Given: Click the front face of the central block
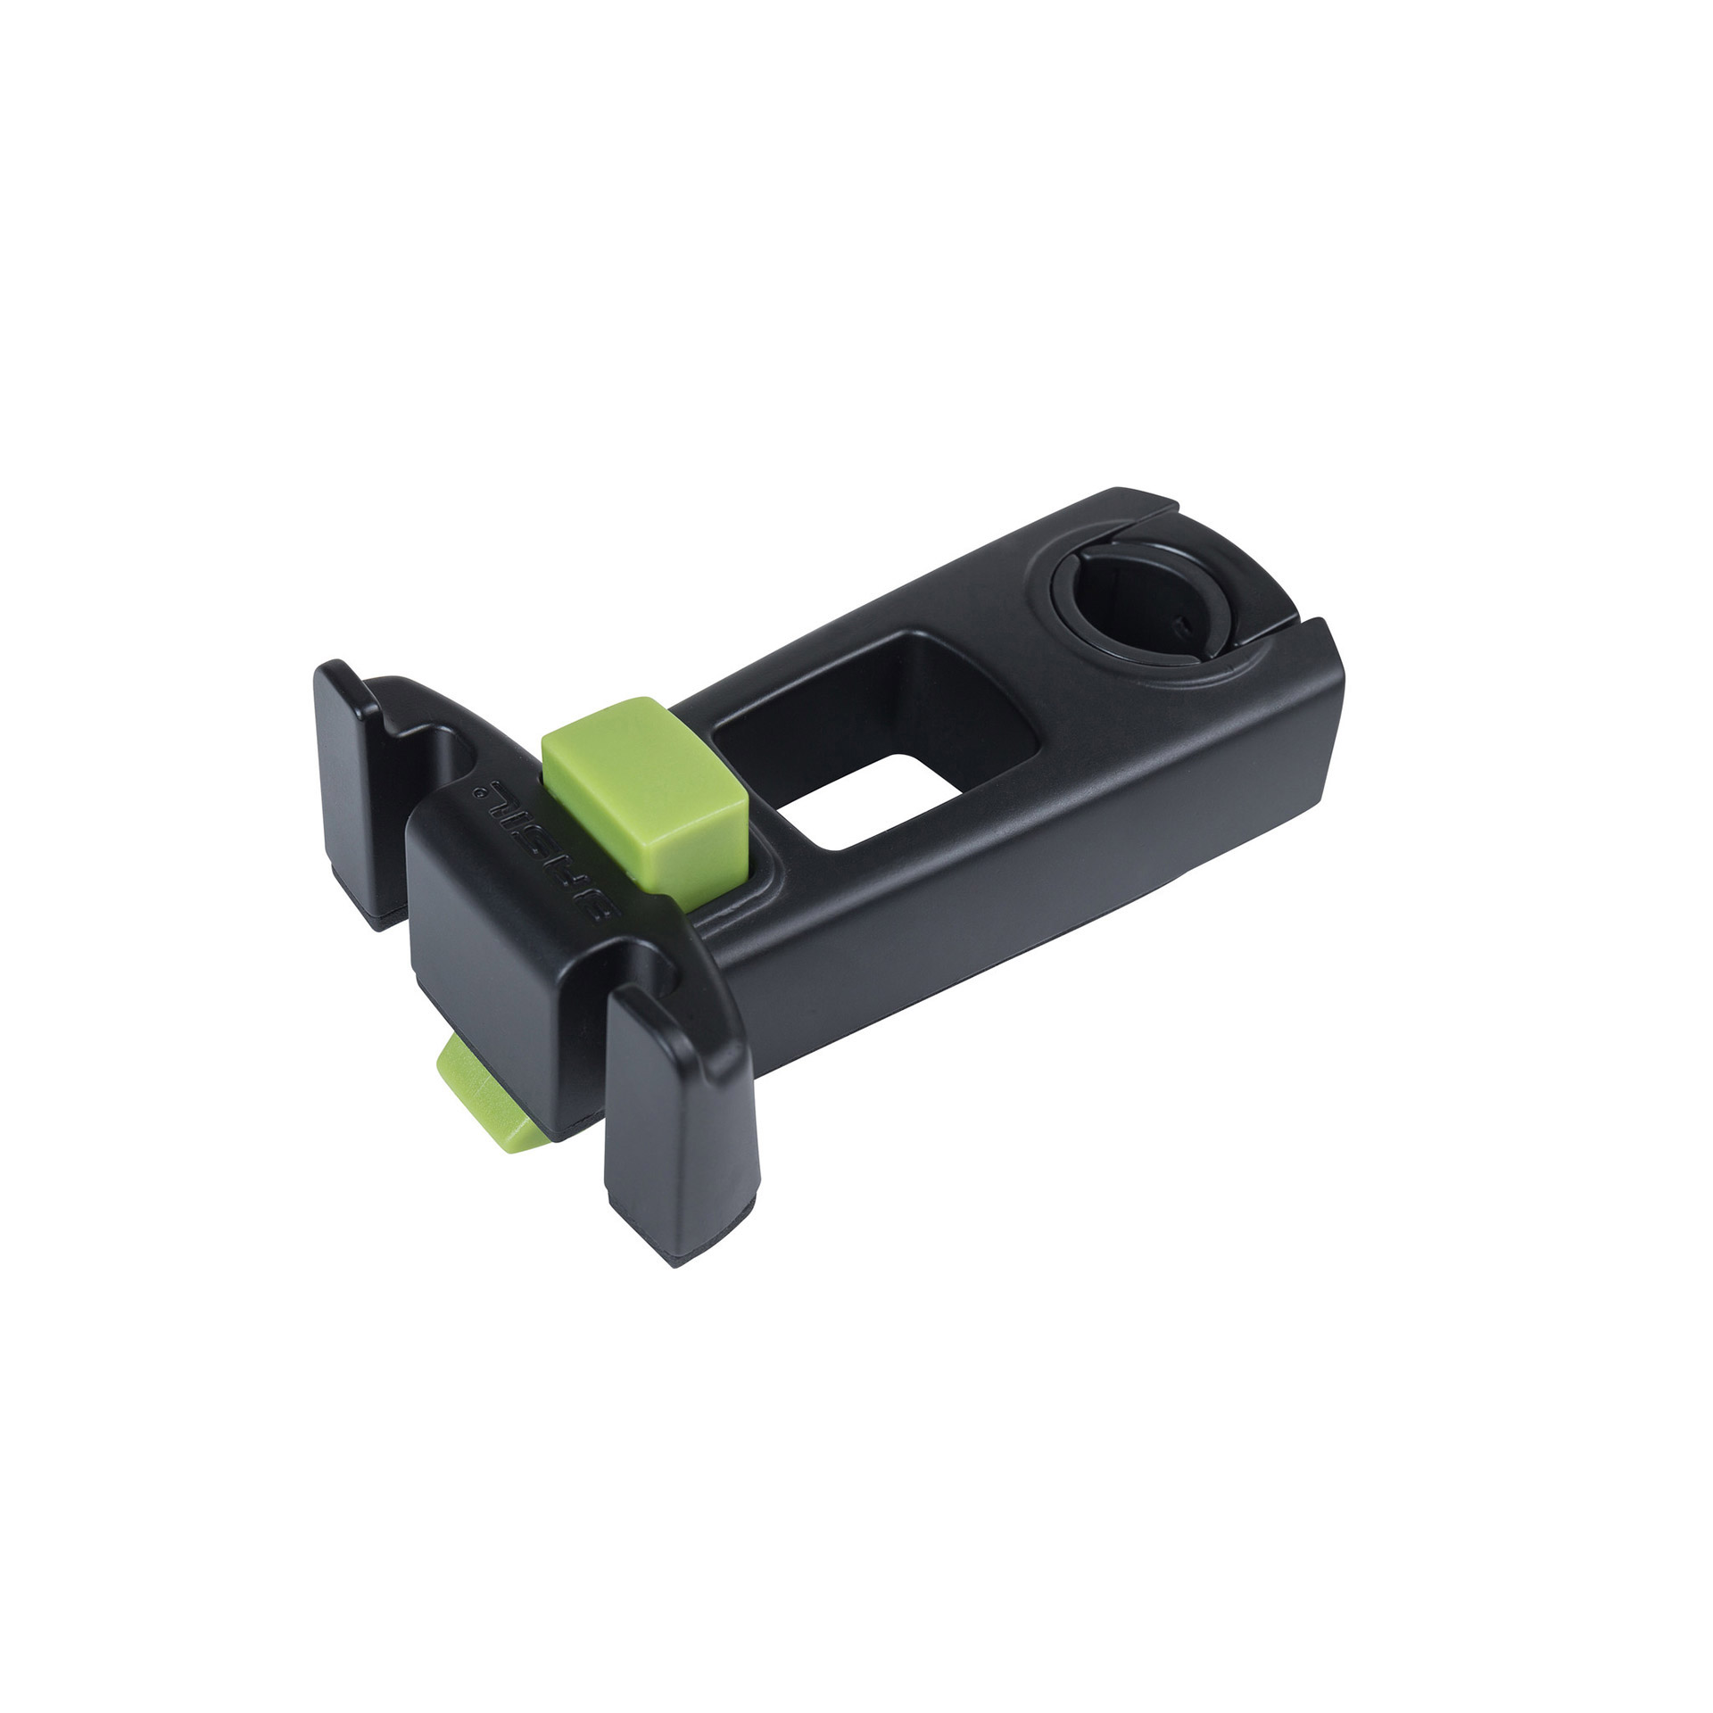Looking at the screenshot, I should coord(473,928).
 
